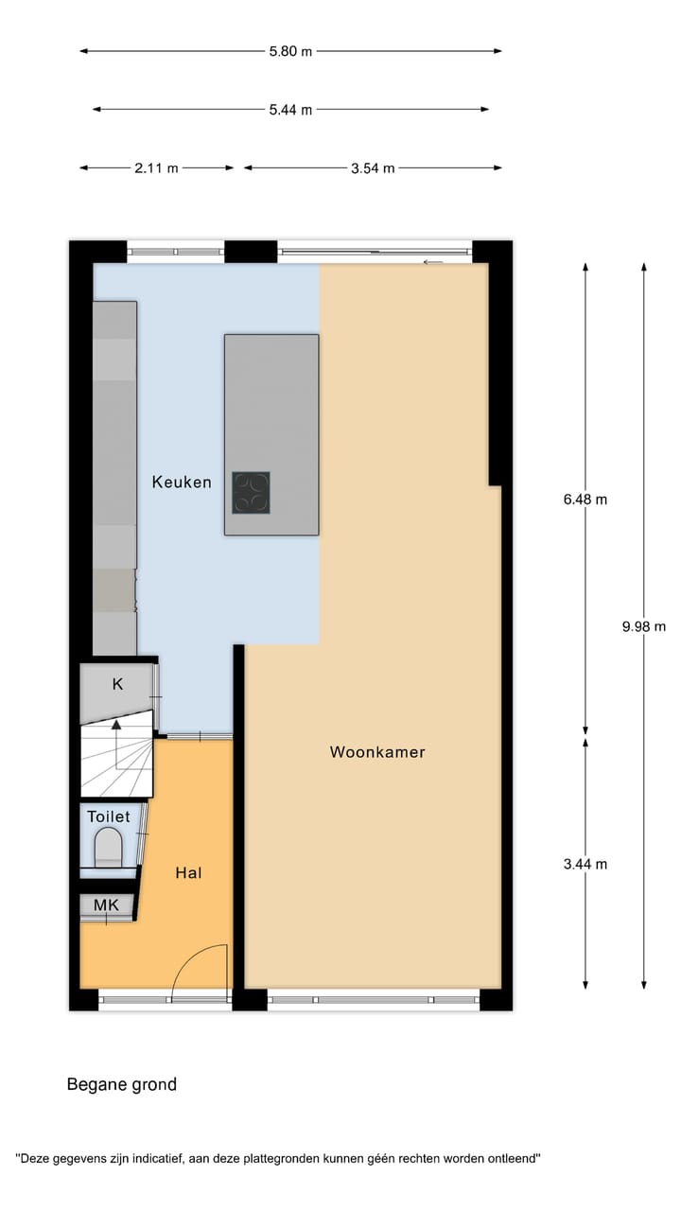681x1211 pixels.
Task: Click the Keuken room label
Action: coord(182,483)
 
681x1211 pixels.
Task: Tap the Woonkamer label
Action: coord(377,753)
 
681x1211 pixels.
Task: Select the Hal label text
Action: coord(189,873)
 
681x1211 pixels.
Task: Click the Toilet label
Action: coord(109,816)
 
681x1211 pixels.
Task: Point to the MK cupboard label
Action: coord(106,905)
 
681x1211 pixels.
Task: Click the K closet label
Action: coord(118,684)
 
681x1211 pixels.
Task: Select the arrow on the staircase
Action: coord(116,727)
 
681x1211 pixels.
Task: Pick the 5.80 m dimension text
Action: coord(290,51)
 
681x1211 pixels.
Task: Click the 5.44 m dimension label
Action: coord(290,110)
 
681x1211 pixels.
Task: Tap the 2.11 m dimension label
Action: coord(156,168)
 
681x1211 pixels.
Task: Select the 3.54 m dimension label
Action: coord(373,168)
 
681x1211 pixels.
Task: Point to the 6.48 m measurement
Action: coord(585,500)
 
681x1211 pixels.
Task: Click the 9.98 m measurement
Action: coord(644,626)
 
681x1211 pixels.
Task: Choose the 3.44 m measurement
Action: coord(585,864)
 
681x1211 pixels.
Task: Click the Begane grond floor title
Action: coord(121,1084)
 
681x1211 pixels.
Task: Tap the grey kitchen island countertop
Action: coord(271,397)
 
